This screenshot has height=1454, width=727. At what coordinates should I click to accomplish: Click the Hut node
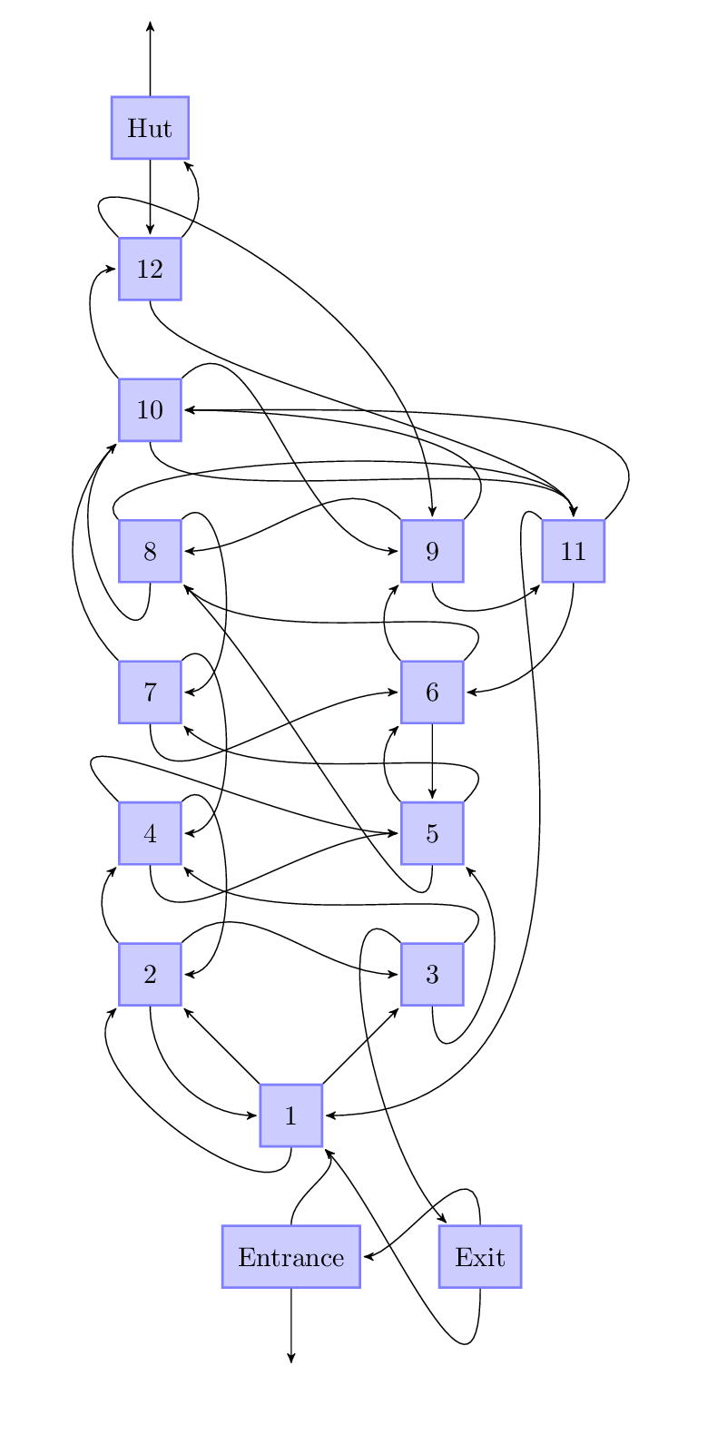click(150, 128)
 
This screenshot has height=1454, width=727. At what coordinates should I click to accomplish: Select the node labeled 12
click(150, 269)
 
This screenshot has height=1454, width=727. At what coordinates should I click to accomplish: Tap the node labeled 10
click(150, 409)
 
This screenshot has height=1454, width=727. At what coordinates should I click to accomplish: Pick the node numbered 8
click(150, 551)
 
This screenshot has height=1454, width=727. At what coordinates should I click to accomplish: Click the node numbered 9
click(432, 551)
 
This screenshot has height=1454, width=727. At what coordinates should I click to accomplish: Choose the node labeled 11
click(573, 551)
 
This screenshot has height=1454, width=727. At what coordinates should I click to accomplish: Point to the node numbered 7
click(150, 692)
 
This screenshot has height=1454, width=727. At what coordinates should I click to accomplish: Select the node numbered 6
click(432, 692)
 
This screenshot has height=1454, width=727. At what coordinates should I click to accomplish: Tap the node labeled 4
click(150, 833)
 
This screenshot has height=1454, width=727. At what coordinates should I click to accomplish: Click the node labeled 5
click(432, 833)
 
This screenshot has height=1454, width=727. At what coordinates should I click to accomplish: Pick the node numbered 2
click(150, 974)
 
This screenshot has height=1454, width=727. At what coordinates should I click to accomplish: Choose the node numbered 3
click(432, 974)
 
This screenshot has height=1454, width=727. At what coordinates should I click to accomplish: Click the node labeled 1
click(290, 1115)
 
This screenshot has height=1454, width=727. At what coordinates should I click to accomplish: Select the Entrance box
click(290, 1257)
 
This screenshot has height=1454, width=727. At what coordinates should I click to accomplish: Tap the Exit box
click(479, 1257)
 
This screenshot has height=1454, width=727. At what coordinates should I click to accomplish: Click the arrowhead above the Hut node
click(150, 26)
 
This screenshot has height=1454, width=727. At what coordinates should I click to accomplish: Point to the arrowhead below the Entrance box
click(290, 1357)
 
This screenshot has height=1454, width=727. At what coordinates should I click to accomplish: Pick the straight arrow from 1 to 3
click(361, 1045)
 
